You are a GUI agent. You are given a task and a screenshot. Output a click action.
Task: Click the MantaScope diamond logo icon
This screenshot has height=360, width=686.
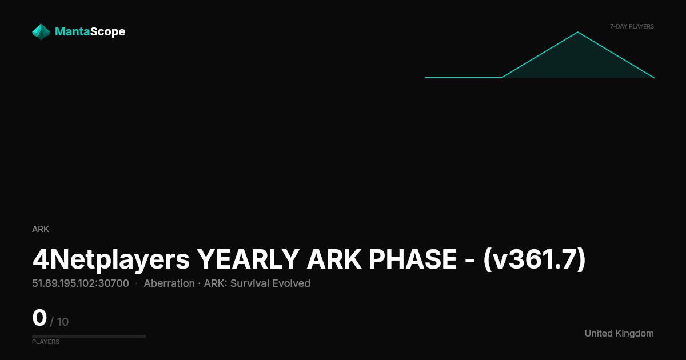coord(41,32)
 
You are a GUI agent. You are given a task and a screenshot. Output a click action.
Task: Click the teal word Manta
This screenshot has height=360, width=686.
coord(72,31)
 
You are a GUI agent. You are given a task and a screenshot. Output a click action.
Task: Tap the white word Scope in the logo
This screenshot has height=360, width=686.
coord(108,32)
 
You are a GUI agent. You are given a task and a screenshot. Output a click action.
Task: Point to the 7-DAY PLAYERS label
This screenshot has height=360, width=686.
coord(632,27)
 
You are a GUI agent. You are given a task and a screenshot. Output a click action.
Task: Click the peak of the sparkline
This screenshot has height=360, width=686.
coord(578,32)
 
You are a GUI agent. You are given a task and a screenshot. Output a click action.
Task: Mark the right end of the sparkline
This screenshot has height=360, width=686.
coord(654,78)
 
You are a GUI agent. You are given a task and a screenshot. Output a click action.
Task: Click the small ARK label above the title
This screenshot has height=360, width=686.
coord(41,229)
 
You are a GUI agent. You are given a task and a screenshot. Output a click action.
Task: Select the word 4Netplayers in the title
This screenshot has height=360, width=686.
coord(111,259)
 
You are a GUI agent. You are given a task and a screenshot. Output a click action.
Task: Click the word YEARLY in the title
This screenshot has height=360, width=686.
coord(248,259)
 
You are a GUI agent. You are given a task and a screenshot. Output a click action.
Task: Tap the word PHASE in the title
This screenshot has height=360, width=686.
coord(413,259)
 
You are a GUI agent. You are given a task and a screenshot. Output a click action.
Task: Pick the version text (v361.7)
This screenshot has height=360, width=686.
coord(535,259)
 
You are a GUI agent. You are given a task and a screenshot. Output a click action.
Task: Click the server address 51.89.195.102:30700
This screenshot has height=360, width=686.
coord(81,283)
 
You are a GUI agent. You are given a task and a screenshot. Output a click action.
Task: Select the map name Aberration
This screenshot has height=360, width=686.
coord(169,283)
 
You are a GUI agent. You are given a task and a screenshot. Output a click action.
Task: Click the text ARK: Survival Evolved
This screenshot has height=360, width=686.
coord(257,283)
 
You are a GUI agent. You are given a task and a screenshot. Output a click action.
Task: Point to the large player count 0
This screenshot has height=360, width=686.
coord(39,318)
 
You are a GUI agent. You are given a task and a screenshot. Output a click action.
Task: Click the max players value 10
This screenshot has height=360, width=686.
coord(63,322)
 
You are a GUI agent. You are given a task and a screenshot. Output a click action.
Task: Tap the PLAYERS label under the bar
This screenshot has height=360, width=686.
coord(46,342)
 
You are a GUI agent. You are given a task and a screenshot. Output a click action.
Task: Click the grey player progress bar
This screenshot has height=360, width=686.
coord(89,337)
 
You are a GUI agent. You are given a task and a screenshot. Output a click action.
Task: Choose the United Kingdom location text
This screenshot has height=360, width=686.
coord(619,333)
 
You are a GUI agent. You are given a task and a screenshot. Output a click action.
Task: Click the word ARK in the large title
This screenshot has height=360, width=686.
coord(334,259)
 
